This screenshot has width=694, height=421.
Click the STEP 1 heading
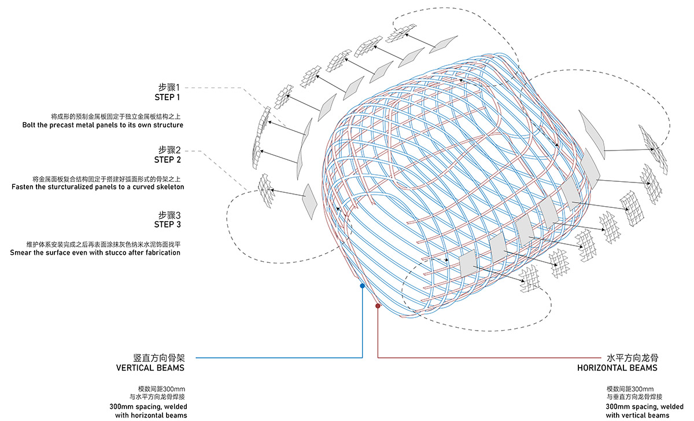pyautogui.click(x=167, y=97)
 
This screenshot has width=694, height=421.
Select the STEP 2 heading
pyautogui.click(x=167, y=159)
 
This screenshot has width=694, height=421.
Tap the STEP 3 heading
pyautogui.click(x=167, y=224)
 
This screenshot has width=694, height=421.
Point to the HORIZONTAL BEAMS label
pyautogui.click(x=617, y=368)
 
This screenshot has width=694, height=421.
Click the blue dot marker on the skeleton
pyautogui.click(x=362, y=285)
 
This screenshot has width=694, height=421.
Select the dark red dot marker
pyautogui.click(x=378, y=306)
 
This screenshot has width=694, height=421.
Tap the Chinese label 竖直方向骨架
pyautogui.click(x=158, y=357)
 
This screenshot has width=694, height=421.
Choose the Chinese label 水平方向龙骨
pyautogui.click(x=632, y=357)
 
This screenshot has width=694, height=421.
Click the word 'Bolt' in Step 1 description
pyautogui.click(x=31, y=125)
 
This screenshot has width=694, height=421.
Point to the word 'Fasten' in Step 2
pyautogui.click(x=24, y=187)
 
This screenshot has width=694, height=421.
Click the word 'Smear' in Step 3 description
pyautogui.click(x=21, y=252)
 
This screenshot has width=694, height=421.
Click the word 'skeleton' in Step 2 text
pyautogui.click(x=167, y=187)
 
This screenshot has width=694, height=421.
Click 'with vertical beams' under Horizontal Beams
pyautogui.click(x=637, y=415)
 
